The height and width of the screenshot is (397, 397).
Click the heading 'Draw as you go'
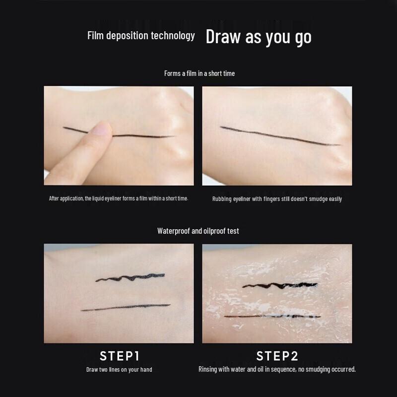(259, 37)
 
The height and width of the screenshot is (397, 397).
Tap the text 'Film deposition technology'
(141, 36)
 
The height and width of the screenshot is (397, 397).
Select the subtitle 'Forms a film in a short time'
(199, 73)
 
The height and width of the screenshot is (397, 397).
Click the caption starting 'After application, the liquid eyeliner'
(119, 198)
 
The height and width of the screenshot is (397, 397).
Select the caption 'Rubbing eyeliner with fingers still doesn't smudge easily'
(277, 199)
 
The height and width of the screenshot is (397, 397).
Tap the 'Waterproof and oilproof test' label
(198, 231)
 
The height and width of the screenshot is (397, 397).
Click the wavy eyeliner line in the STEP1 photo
(130, 278)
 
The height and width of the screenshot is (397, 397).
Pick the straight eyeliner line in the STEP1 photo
(125, 307)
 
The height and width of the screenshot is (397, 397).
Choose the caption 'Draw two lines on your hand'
(119, 370)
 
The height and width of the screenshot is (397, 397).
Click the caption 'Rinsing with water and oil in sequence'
(277, 369)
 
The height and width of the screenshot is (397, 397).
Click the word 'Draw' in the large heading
(223, 37)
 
